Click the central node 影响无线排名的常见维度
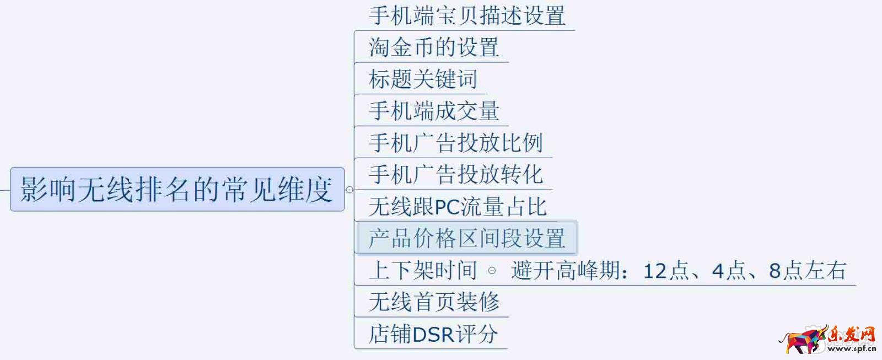[176, 190]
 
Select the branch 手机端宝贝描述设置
[467, 15]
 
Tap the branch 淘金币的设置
[434, 47]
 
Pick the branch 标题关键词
[423, 79]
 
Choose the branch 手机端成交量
[434, 111]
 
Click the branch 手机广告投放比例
[456, 143]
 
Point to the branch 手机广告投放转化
[456, 175]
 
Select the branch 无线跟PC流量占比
[458, 207]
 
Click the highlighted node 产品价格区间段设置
[467, 238]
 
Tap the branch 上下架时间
[423, 270]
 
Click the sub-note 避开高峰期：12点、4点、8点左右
[679, 271]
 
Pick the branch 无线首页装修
[434, 302]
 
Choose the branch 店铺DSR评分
[433, 334]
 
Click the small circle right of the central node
[349, 190]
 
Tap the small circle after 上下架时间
[492, 271]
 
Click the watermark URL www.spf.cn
[852, 348]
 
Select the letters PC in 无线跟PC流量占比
[447, 207]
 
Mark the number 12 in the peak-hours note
[655, 271]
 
